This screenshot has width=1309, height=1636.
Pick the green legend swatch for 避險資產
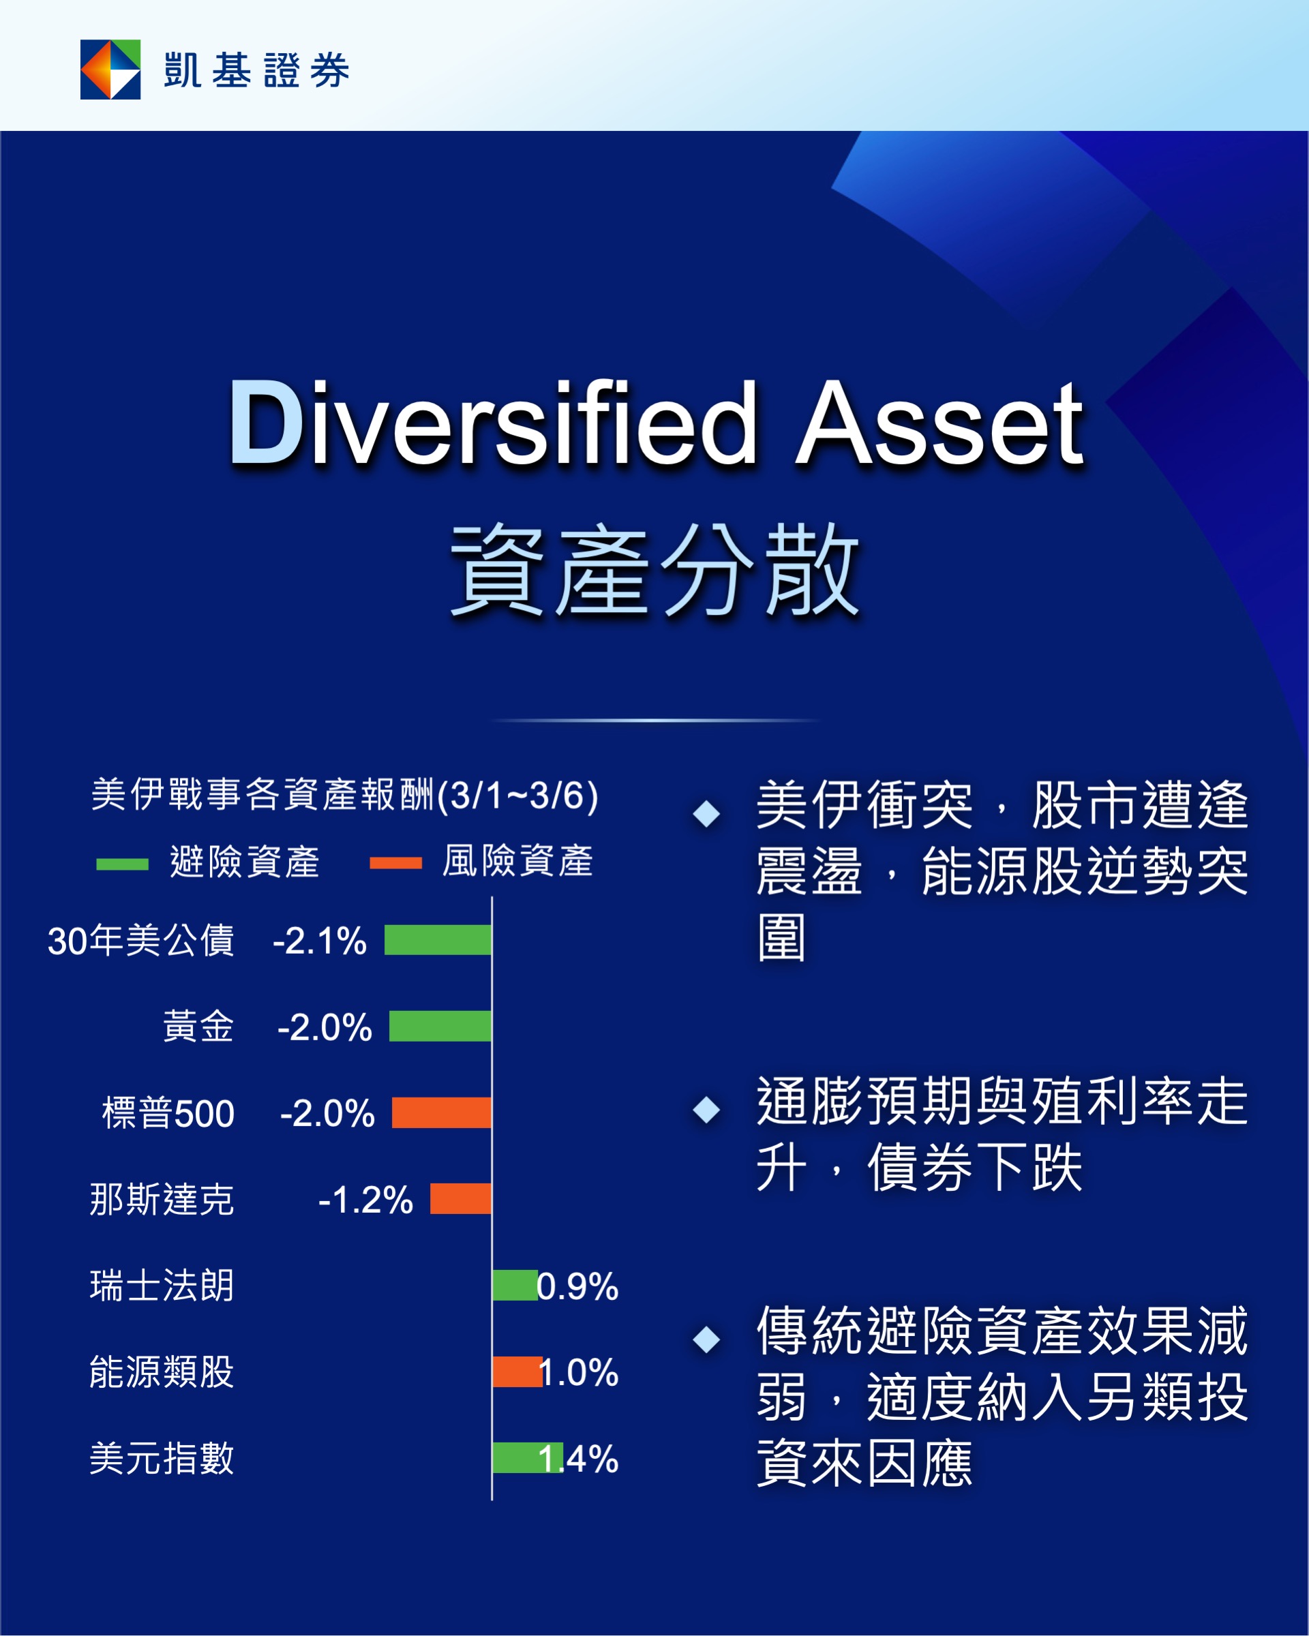coord(122,864)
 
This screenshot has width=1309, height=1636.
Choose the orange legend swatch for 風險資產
coord(395,863)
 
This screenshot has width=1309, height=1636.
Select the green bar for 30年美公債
coord(438,939)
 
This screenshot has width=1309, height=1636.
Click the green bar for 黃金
coord(440,1026)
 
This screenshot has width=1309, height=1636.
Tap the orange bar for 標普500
coord(442,1112)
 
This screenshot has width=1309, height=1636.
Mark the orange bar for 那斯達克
coord(461,1198)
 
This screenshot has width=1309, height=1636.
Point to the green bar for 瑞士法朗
coord(515,1285)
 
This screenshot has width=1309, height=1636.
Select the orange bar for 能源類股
coord(517,1372)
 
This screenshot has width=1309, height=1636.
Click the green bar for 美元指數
coord(528,1457)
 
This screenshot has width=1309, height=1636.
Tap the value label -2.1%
coord(320,941)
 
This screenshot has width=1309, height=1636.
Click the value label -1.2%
coord(365,1200)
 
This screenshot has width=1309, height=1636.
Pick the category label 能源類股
coord(162,1372)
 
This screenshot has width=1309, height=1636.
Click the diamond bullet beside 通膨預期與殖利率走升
coord(706,1109)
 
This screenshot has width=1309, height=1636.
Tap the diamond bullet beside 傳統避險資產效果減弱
coord(706,1339)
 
